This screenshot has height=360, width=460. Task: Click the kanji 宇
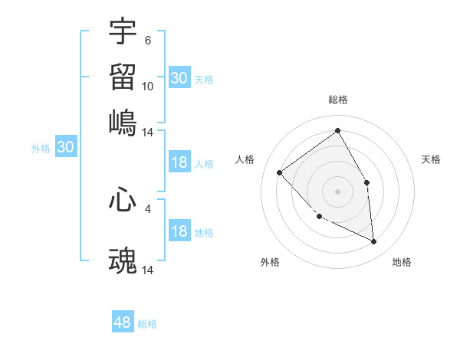pyautogui.click(x=123, y=31)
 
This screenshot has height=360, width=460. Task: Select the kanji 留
pyautogui.click(x=123, y=77)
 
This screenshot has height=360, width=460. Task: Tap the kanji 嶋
pyautogui.click(x=123, y=123)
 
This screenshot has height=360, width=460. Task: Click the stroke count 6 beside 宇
pyautogui.click(x=148, y=41)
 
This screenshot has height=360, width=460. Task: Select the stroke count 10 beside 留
pyautogui.click(x=148, y=87)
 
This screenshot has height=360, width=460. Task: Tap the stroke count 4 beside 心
pyautogui.click(x=148, y=208)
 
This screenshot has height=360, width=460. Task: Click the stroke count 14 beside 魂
pyautogui.click(x=148, y=270)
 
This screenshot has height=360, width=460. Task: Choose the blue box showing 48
pyautogui.click(x=123, y=322)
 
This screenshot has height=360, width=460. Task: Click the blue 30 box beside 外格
pyautogui.click(x=65, y=148)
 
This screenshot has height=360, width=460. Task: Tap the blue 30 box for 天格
pyautogui.click(x=179, y=78)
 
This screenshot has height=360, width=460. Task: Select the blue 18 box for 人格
pyautogui.click(x=179, y=162)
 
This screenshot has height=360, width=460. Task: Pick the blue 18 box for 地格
pyautogui.click(x=179, y=232)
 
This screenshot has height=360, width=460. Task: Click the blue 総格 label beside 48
pyautogui.click(x=147, y=324)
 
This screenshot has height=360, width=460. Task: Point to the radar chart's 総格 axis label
pyautogui.click(x=337, y=100)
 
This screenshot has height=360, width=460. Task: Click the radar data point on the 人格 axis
pyautogui.click(x=280, y=172)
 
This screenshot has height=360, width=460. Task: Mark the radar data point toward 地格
pyautogui.click(x=373, y=241)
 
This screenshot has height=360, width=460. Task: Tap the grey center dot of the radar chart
pyautogui.click(x=337, y=191)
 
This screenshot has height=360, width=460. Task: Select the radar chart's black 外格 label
pyautogui.click(x=270, y=262)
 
